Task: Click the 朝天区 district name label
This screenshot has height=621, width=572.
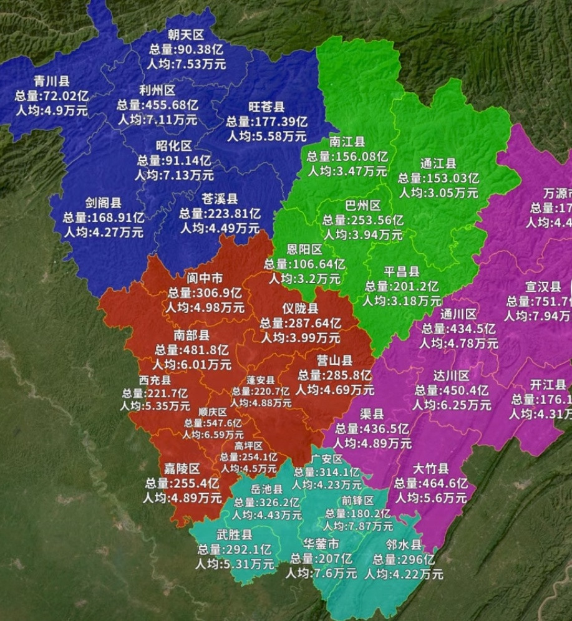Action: pyautogui.click(x=186, y=35)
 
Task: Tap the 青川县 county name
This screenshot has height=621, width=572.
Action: pyautogui.click(x=52, y=82)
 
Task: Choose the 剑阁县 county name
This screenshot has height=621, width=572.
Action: pyautogui.click(x=104, y=203)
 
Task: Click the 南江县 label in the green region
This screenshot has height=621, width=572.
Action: pyautogui.click(x=347, y=142)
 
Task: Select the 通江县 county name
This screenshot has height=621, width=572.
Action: pyautogui.click(x=438, y=164)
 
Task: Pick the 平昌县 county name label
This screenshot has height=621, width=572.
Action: pyautogui.click(x=401, y=272)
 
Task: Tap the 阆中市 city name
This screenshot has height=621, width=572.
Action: pyautogui.click(x=204, y=278)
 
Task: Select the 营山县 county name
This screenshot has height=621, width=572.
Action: pyautogui.click(x=334, y=361)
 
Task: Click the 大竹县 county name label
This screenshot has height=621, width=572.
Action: pyautogui.click(x=430, y=469)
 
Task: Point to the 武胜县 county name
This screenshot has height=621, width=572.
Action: pyautogui.click(x=235, y=535)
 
